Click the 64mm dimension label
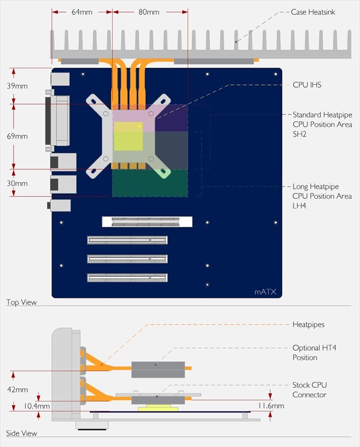(81, 12)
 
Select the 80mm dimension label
(149, 12)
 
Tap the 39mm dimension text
(17, 85)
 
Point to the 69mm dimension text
(17, 136)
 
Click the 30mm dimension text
(17, 183)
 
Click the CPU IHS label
(307, 85)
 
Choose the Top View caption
(21, 302)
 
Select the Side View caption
(21, 433)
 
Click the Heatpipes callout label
(309, 324)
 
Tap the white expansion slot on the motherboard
(147, 221)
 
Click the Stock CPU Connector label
(310, 390)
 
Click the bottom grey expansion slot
(127, 277)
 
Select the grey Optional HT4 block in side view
(157, 368)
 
